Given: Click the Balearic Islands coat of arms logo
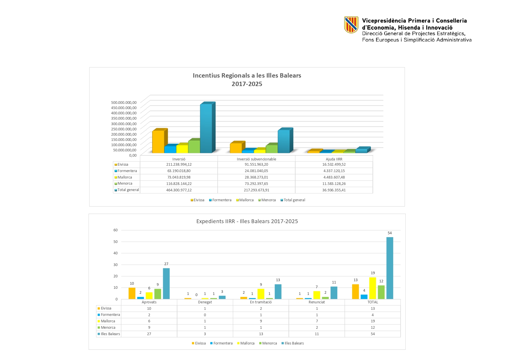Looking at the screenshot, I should (x=351, y=25).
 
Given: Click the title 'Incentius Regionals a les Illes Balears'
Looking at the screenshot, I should (x=247, y=76).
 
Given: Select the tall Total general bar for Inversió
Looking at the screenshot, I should (x=206, y=128).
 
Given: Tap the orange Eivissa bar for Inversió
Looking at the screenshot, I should (x=158, y=141).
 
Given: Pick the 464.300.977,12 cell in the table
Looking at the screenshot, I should (x=179, y=190).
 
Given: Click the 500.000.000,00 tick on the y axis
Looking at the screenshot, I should (x=124, y=102).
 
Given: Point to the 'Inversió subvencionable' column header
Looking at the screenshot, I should (x=256, y=159).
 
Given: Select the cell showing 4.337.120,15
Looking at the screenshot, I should (x=334, y=171).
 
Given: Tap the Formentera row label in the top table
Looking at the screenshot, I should (x=127, y=171).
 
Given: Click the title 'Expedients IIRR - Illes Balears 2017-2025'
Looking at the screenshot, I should (x=247, y=221).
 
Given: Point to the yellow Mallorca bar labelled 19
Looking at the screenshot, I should (x=373, y=288).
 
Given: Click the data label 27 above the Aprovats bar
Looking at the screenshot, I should (x=166, y=264).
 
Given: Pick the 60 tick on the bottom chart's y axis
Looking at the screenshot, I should (x=116, y=230).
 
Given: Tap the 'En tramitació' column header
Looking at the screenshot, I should (x=261, y=302).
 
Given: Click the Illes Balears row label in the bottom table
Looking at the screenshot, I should (x=110, y=334).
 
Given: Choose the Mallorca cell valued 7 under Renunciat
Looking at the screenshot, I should (x=317, y=321).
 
